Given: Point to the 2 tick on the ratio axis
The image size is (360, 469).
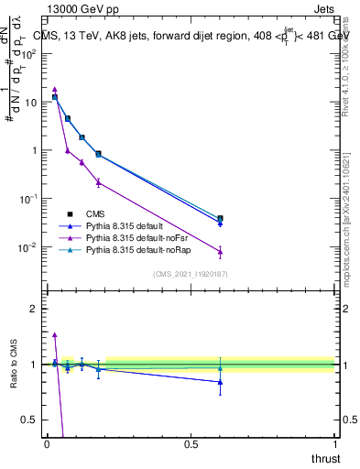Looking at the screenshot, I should (x=35, y=309).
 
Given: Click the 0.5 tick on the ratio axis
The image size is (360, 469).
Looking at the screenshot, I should (x=31, y=420).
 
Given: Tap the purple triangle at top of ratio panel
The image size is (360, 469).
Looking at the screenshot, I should (x=55, y=335).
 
